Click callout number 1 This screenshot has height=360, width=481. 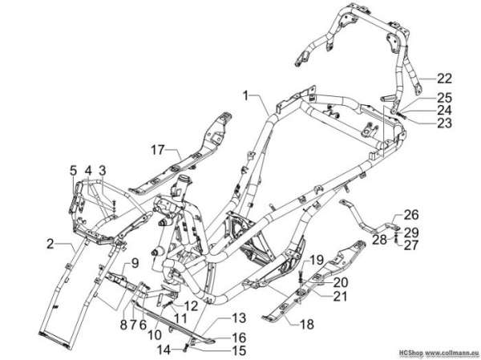(245, 95)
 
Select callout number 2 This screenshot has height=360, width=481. (51, 245)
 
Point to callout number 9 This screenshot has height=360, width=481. (134, 263)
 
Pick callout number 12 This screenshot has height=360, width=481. (190, 305)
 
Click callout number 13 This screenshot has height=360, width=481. (239, 318)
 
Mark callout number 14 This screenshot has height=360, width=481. (164, 350)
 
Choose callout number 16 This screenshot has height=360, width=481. (239, 338)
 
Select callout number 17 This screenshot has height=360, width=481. (158, 151)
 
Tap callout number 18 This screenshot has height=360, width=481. (307, 324)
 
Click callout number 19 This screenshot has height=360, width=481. (317, 261)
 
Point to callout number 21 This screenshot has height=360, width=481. (340, 297)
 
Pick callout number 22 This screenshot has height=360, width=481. (444, 79)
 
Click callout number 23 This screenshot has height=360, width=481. (444, 123)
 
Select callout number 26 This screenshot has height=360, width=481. (411, 215)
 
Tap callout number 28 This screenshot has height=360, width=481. (379, 240)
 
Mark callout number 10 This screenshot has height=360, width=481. (156, 335)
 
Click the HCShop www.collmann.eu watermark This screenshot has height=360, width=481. (439, 352)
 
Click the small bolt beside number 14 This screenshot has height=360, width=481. (186, 348)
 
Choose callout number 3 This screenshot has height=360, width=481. (102, 171)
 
